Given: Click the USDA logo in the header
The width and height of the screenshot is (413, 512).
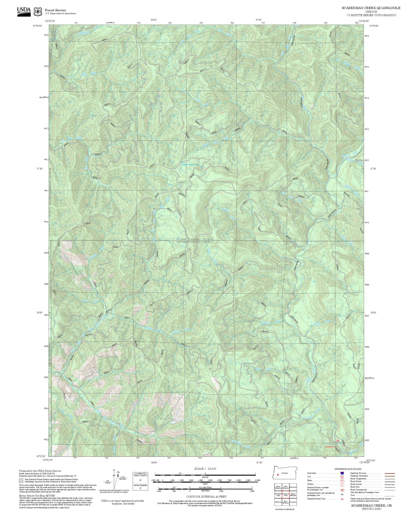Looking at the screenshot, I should coord(24,11).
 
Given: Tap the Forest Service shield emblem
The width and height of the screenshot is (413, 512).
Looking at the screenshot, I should coord(38,12).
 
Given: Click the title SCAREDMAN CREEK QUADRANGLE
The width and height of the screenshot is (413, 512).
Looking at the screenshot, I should coord(371,8).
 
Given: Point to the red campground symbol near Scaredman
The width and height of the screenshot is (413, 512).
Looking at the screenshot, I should coord(338,440).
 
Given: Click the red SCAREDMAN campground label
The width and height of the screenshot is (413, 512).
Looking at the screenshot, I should coord(330,447).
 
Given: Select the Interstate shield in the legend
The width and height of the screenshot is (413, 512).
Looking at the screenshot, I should coord(342,473).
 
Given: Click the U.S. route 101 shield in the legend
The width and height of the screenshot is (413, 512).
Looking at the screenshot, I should coord(342,477).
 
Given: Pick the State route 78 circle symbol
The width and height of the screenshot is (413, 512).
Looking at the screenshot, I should coord(342,481).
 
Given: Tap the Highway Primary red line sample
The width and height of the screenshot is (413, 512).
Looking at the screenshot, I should coord(390,473).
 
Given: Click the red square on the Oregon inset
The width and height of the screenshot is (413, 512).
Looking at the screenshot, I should coord(278,475).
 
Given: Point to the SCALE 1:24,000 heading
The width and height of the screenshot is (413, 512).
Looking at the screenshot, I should coord(205,469).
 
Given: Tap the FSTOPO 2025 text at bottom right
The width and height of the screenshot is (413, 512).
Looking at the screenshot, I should coord(371,509).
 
